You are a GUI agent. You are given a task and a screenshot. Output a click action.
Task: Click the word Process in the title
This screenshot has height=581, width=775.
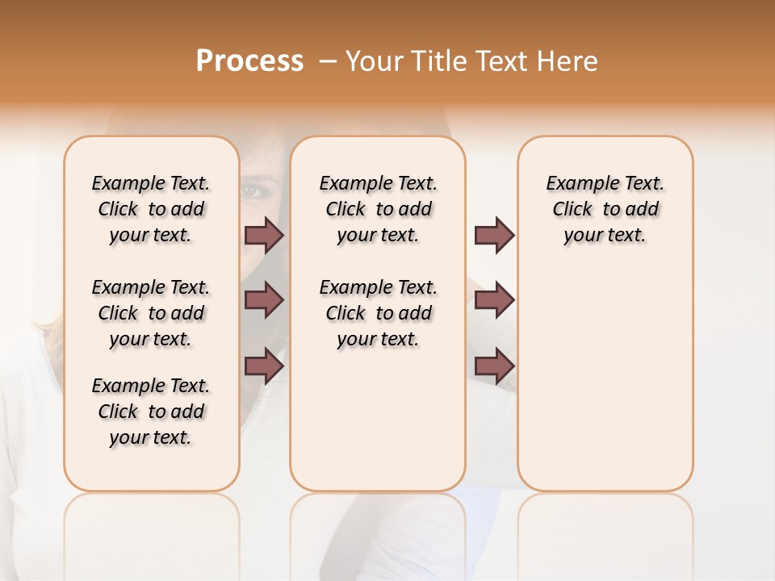[249, 61]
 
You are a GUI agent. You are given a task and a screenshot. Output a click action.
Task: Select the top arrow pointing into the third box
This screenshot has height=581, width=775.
[494, 235]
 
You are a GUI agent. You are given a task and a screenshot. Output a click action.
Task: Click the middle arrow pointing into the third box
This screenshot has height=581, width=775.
[494, 300]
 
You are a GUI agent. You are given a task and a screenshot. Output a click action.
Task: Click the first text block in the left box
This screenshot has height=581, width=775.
[151, 209]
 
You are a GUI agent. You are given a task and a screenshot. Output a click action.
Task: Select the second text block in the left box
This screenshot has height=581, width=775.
[151, 313]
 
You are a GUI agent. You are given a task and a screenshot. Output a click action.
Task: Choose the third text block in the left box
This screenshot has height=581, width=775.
[151, 412]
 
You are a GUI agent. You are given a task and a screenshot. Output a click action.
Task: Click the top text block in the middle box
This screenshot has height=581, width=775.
[378, 209]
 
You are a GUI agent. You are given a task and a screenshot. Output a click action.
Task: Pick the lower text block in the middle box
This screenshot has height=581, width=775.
[378, 313]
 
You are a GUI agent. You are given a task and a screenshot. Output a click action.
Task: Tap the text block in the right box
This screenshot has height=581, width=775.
[605, 209]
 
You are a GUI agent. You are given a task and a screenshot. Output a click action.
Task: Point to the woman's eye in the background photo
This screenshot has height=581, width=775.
[253, 190]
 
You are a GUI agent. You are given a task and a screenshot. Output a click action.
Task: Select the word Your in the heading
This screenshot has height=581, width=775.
[371, 61]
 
